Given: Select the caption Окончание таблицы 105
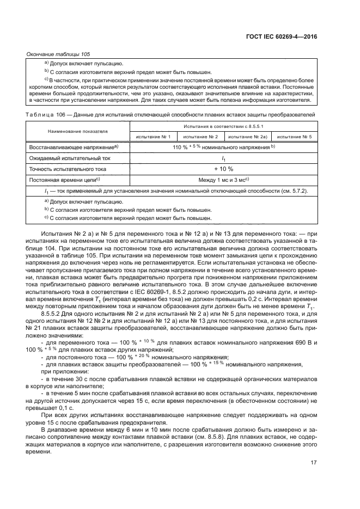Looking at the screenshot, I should coord(58,54).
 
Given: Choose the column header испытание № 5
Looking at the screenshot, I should coord(294,137).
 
